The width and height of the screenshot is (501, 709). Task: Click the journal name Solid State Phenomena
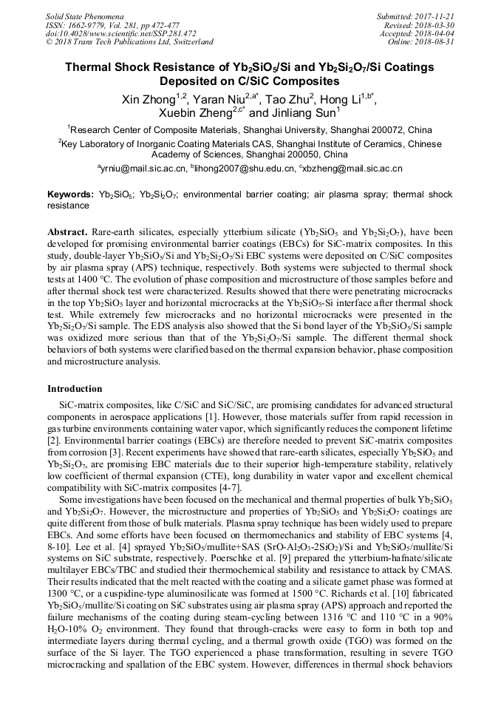click(x=83, y=16)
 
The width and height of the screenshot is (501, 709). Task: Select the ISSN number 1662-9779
click(x=90, y=24)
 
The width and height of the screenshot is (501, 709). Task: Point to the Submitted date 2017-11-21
click(x=436, y=16)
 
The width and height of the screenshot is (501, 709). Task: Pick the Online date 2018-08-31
click(x=436, y=42)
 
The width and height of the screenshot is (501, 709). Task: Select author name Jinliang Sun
click(x=298, y=114)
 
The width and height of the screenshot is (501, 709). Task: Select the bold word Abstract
click(x=67, y=231)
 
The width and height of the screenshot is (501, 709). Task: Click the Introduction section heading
click(x=75, y=389)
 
